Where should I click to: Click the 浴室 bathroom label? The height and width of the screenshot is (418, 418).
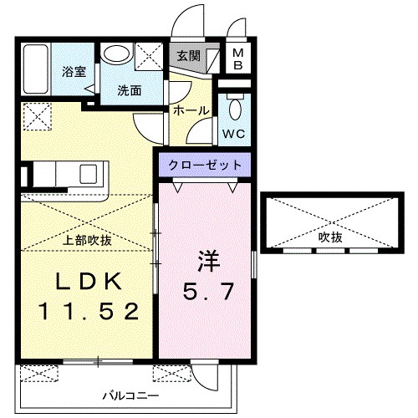pos(74,72)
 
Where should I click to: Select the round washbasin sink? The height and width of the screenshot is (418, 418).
pos(116,54)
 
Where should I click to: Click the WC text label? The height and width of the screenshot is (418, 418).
pos(234,133)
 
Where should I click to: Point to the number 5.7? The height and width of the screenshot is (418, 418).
pos(205,292)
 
